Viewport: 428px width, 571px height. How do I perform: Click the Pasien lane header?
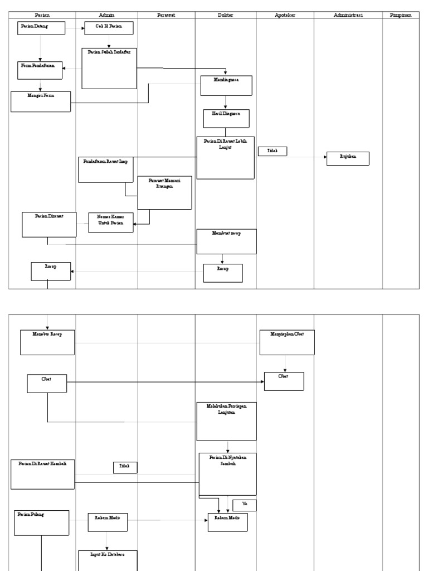[x=42, y=15]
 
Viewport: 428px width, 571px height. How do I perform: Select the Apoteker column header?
[x=285, y=15]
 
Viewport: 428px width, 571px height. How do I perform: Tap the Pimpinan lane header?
[x=400, y=15]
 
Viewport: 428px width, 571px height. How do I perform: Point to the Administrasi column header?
[x=348, y=15]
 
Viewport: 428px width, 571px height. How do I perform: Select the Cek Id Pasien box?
[x=109, y=28]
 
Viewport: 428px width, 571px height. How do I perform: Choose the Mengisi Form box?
[x=41, y=101]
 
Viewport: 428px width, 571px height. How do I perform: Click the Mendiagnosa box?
[x=226, y=85]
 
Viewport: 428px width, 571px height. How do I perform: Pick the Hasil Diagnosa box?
[x=226, y=118]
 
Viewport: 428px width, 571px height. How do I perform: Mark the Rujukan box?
[x=348, y=158]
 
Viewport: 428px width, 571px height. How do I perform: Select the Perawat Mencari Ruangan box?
[x=164, y=192]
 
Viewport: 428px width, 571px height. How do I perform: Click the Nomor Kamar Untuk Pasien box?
[x=111, y=222]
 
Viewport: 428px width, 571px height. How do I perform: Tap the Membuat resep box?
[x=226, y=241]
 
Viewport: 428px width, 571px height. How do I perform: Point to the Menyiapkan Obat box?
[x=287, y=342]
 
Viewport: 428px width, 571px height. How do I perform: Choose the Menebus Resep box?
[x=47, y=342]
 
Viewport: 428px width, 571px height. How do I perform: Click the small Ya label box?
[x=245, y=505]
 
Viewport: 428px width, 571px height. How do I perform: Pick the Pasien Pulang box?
[x=42, y=522]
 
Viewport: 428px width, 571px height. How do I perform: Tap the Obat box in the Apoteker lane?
[x=284, y=381]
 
